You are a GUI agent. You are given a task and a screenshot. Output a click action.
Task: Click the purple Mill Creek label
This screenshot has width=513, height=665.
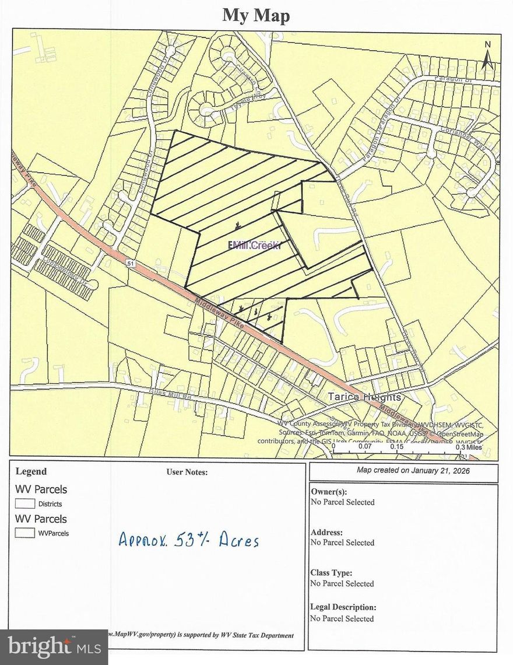[255, 246]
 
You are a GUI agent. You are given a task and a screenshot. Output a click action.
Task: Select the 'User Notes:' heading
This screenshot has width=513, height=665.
[187, 472]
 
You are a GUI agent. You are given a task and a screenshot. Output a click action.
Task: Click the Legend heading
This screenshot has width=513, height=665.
[31, 471]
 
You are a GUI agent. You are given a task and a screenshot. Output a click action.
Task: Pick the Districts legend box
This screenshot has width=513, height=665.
[25, 503]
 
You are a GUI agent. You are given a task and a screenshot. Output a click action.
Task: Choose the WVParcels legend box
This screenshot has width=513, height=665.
[25, 533]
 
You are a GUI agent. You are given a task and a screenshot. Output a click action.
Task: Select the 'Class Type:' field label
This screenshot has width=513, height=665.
[331, 573]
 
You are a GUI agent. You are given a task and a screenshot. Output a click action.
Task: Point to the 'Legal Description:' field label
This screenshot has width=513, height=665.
[343, 607]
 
